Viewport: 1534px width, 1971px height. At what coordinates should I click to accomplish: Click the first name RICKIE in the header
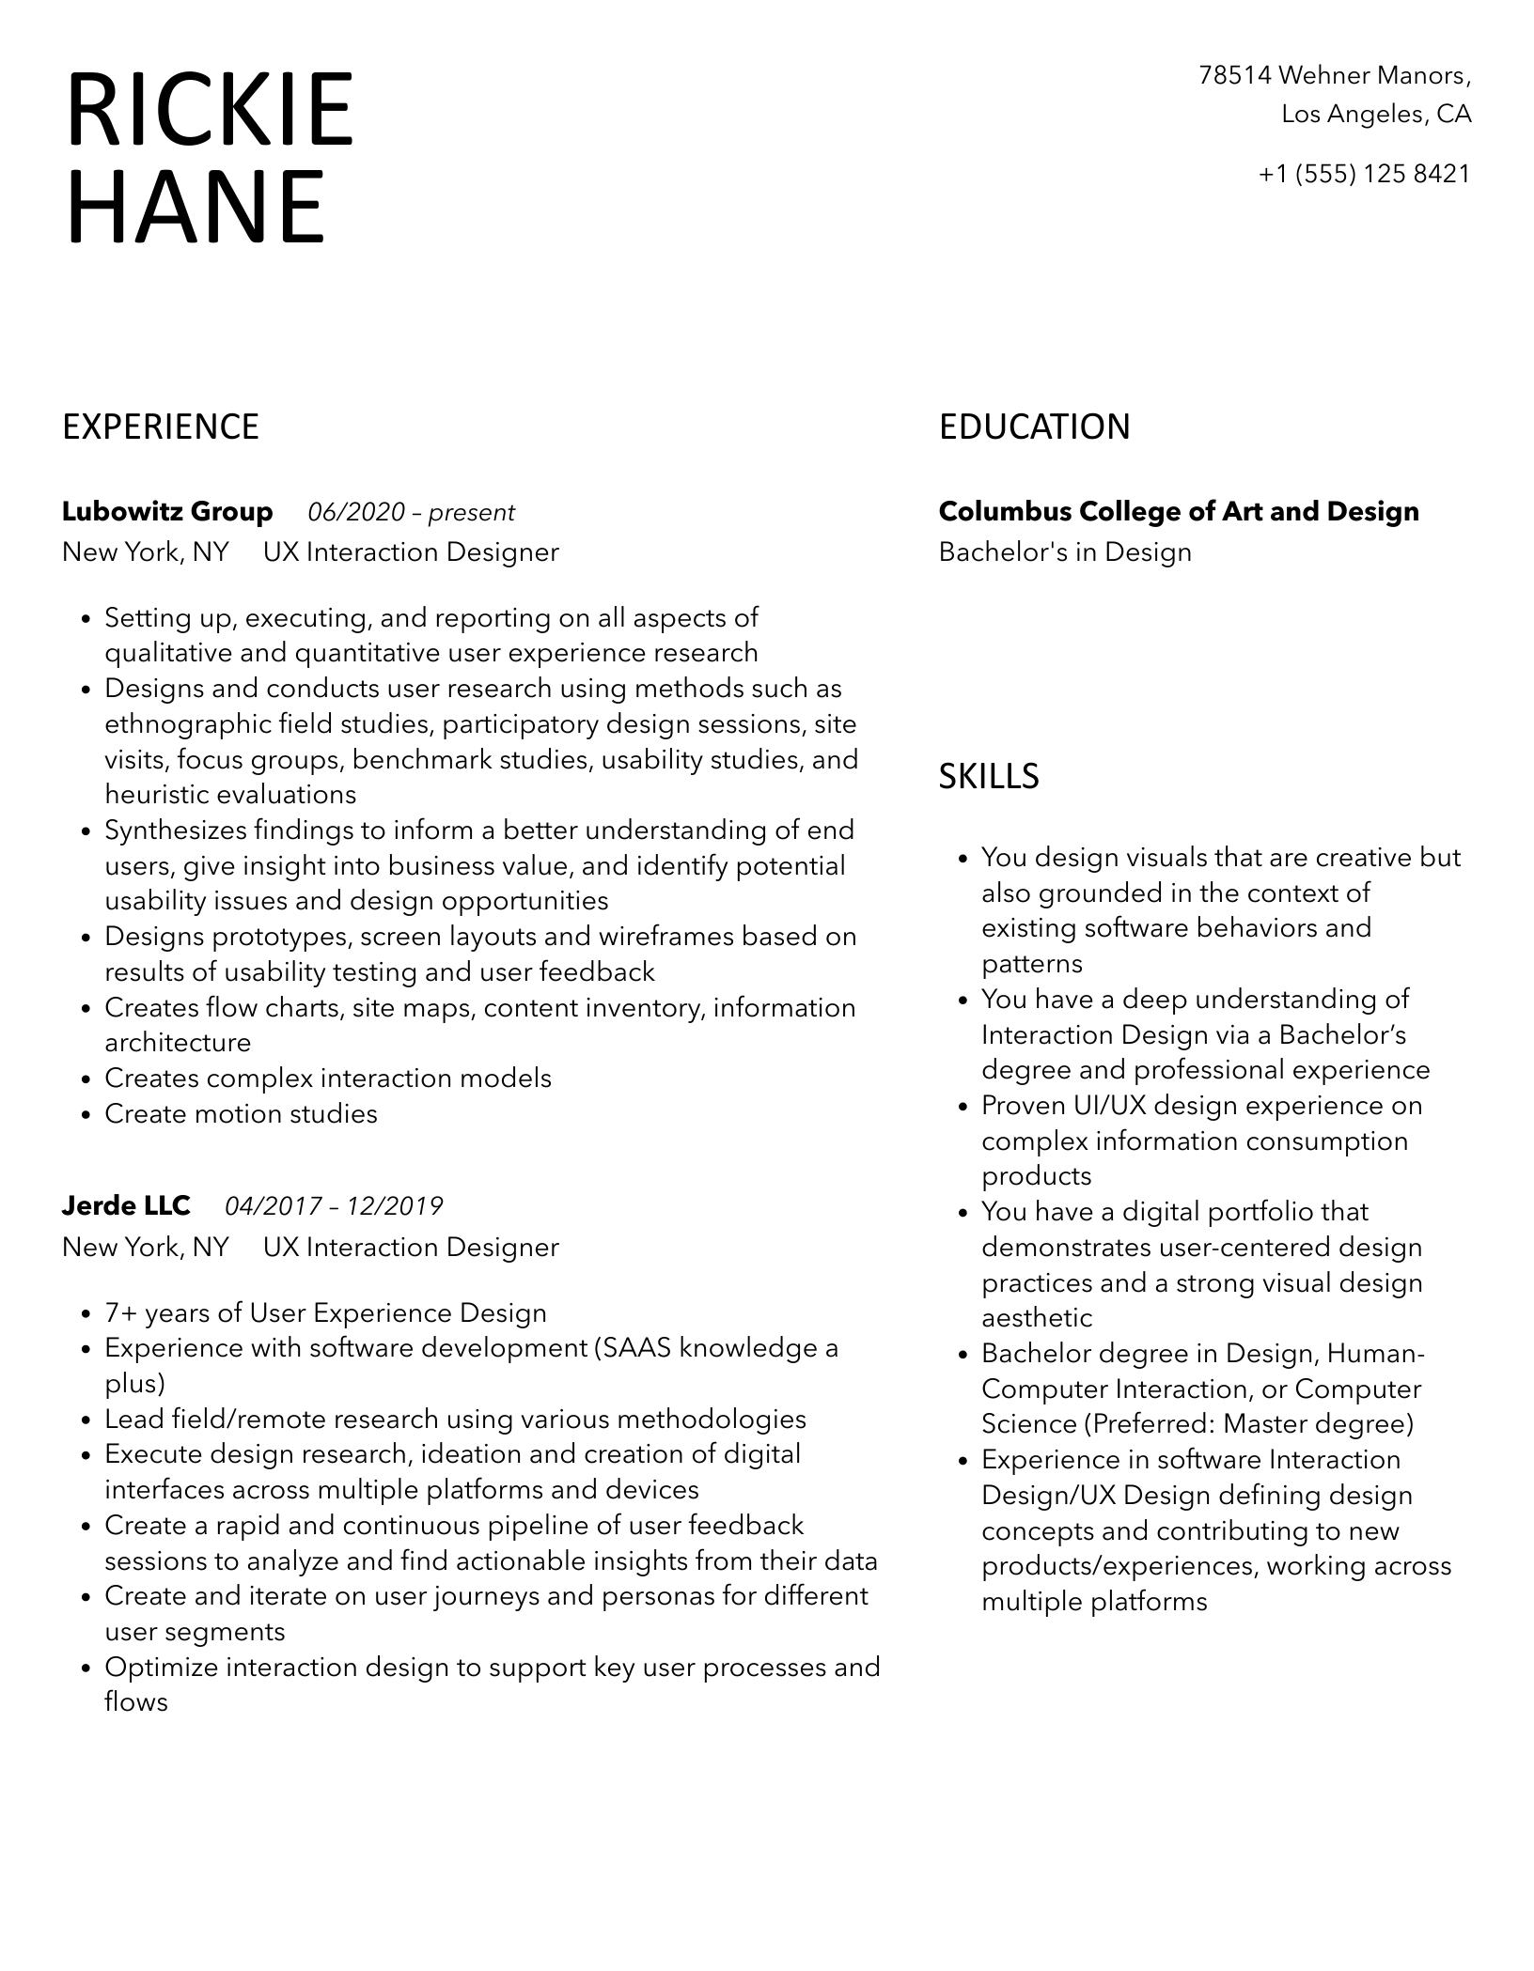(x=210, y=110)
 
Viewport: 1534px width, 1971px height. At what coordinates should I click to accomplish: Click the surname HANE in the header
(x=196, y=207)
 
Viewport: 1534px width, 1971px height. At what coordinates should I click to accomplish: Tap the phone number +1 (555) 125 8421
(x=1364, y=174)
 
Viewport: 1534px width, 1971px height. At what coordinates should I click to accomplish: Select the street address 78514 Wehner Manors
(x=1334, y=75)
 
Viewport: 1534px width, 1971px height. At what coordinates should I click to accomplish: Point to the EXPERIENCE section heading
(x=161, y=427)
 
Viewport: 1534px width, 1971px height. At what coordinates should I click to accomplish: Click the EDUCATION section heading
(x=1034, y=427)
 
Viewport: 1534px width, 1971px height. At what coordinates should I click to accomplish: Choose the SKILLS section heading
(x=989, y=777)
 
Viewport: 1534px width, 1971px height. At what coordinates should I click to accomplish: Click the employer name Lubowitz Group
(x=167, y=512)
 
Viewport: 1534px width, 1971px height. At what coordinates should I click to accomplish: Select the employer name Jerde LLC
(x=126, y=1205)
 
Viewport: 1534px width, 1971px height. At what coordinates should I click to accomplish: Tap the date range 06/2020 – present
(x=412, y=513)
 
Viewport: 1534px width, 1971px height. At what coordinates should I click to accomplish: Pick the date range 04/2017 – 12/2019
(x=334, y=1206)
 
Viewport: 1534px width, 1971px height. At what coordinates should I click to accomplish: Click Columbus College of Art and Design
(x=1179, y=512)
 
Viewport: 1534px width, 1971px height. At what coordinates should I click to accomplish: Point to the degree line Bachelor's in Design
(x=1065, y=552)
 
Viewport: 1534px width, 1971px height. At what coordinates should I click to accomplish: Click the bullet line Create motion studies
(x=241, y=1114)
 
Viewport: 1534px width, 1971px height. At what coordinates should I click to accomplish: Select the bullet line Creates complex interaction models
(x=328, y=1079)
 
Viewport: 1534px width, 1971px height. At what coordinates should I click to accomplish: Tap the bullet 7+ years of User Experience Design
(x=325, y=1313)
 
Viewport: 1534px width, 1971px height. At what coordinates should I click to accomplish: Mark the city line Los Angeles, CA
(x=1376, y=115)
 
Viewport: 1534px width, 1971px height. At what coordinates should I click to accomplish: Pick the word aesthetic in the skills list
(x=1037, y=1319)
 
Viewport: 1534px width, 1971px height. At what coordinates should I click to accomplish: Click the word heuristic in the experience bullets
(x=156, y=795)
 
